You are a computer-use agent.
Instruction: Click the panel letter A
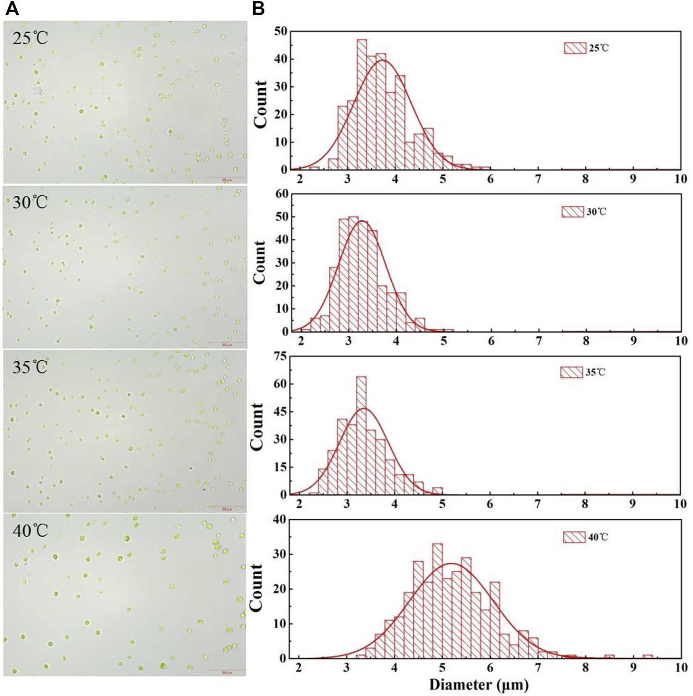(12, 8)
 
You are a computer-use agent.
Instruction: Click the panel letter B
(259, 8)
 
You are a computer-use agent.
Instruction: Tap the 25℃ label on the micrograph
(30, 38)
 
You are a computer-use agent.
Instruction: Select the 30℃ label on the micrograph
(30, 202)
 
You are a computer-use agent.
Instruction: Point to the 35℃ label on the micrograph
(30, 367)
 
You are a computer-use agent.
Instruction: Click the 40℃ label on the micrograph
(30, 531)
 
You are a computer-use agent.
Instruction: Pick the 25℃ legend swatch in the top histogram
(575, 48)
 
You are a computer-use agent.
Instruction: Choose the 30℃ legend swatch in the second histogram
(573, 212)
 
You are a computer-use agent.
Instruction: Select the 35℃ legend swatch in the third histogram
(571, 372)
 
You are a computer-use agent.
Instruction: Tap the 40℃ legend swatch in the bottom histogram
(574, 537)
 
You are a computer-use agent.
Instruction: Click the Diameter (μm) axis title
(479, 684)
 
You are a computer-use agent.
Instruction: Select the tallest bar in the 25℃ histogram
(362, 104)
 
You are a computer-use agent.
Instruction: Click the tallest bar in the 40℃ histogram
(437, 600)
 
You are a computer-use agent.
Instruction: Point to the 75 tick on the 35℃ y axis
(280, 357)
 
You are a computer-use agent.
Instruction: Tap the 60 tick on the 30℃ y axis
(281, 194)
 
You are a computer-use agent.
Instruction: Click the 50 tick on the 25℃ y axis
(281, 31)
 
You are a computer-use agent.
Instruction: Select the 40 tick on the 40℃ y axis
(280, 520)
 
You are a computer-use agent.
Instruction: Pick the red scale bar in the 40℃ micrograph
(226, 670)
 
